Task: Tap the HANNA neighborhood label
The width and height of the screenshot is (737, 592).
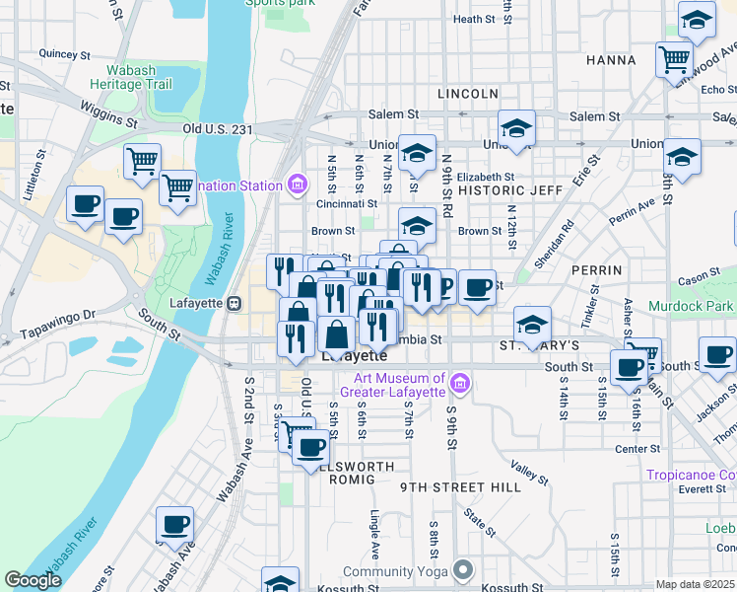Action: tap(611, 60)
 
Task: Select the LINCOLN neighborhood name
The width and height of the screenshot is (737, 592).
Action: tap(467, 94)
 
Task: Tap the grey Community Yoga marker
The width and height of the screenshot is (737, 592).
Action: tap(463, 570)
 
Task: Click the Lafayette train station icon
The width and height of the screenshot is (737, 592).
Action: tap(234, 303)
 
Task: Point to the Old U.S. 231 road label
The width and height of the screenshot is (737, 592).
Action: tap(219, 129)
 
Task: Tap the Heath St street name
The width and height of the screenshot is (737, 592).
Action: tap(473, 19)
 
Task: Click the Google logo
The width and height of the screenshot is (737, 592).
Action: tap(33, 580)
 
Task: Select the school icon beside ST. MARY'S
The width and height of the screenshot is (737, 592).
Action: tap(532, 324)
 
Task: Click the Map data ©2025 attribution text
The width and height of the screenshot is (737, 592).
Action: tap(695, 584)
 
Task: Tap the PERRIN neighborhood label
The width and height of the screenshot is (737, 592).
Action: tap(595, 269)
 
